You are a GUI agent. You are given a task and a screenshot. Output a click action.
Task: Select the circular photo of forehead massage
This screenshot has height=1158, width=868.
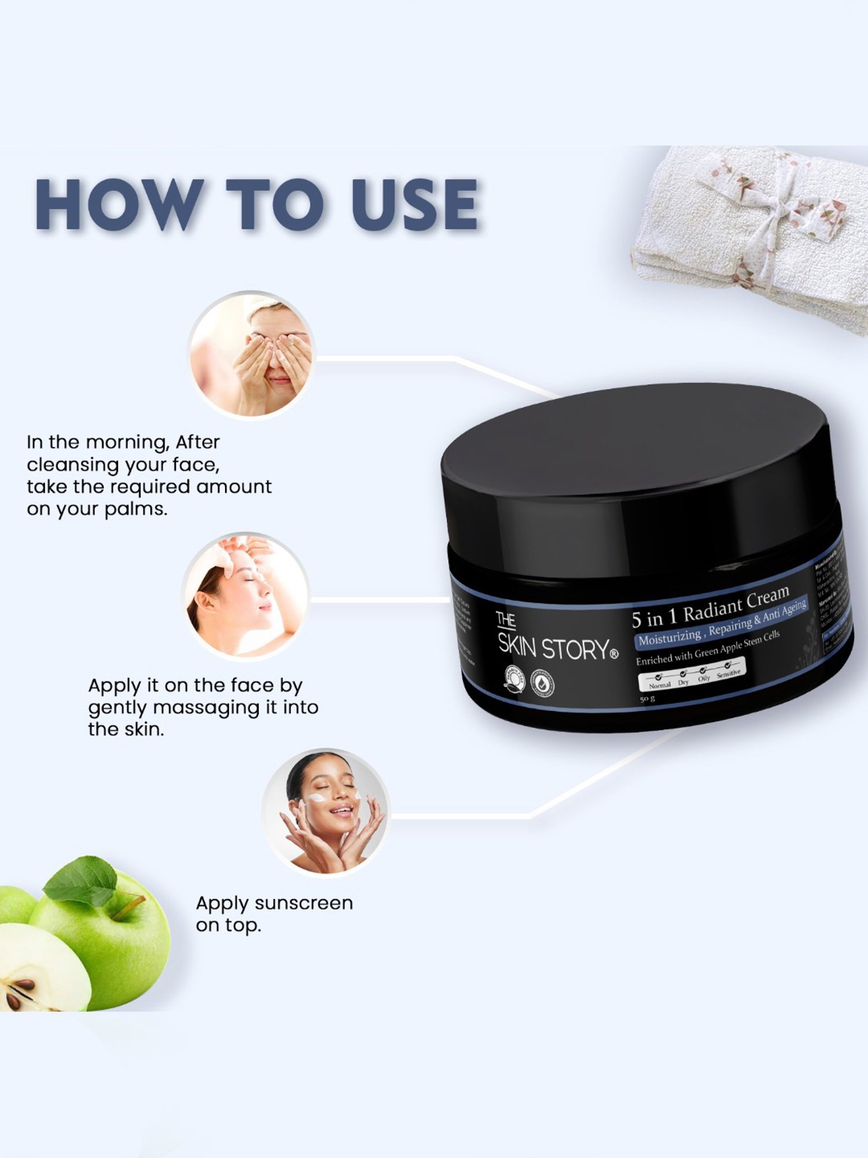[245, 596]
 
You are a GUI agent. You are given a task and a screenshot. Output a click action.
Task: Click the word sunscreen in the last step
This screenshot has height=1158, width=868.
[303, 903]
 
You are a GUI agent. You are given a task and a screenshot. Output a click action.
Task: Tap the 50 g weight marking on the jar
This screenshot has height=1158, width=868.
[647, 699]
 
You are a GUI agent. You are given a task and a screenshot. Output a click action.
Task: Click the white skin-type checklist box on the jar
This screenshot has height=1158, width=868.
[692, 675]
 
